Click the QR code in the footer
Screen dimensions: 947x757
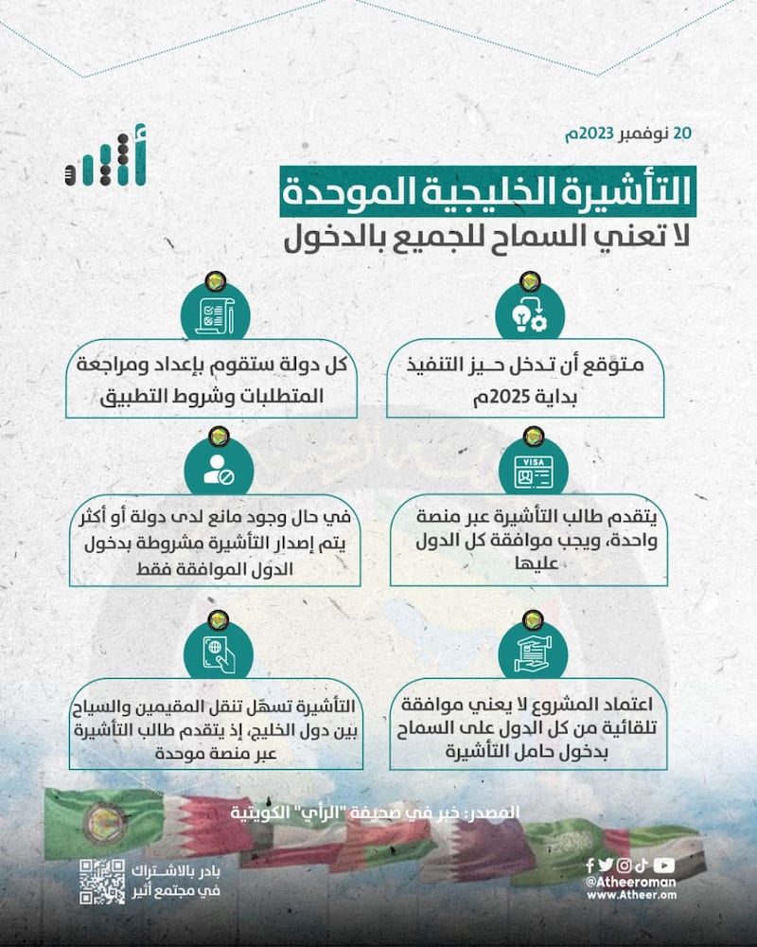click(102, 882)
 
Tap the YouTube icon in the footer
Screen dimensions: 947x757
click(664, 864)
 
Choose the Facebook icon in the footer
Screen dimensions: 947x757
click(590, 864)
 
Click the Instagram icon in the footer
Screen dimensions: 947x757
click(624, 864)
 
